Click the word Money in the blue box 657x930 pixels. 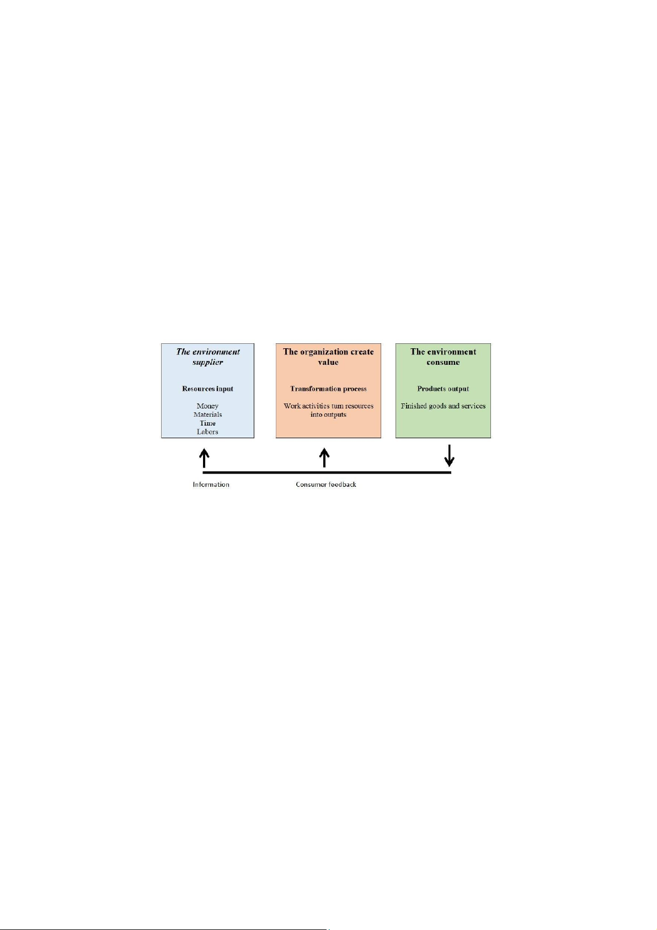(207, 406)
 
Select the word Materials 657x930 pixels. (207, 414)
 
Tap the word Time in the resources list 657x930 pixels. (207, 423)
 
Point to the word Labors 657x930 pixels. (207, 432)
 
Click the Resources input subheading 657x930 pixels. (207, 389)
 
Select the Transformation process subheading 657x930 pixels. (328, 389)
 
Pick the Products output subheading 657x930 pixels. (443, 389)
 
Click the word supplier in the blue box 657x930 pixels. (207, 362)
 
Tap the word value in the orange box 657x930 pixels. (328, 362)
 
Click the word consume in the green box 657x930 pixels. (443, 362)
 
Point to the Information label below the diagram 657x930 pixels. (211, 485)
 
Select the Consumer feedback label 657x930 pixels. (326, 485)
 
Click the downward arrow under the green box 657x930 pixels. (449, 456)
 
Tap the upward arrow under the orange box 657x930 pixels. (324, 458)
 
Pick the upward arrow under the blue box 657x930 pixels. (204, 458)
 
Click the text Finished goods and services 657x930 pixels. (443, 406)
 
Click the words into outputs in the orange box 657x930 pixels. (328, 414)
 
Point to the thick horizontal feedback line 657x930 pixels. (327, 472)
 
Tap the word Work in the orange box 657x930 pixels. (292, 406)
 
